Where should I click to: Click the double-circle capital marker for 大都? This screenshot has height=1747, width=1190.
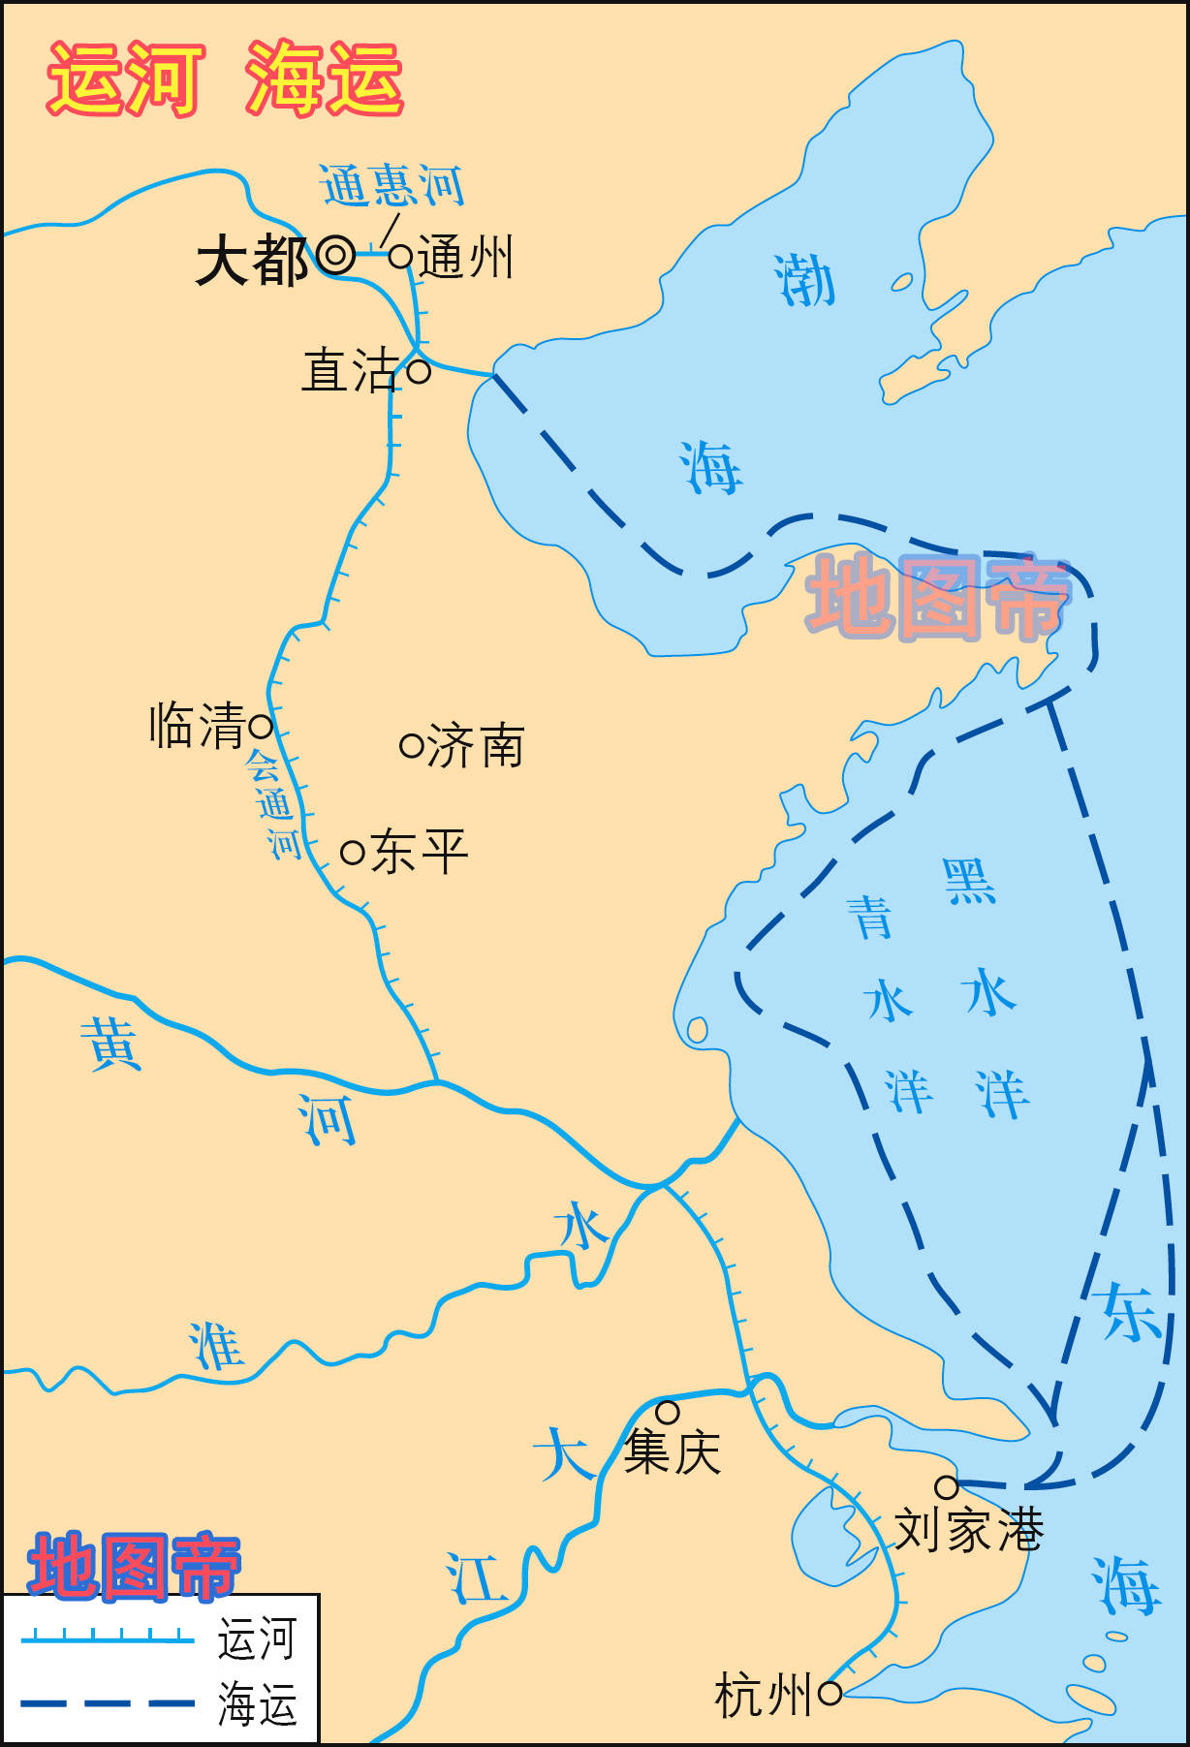point(336,256)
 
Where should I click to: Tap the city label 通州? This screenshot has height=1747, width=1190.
point(465,259)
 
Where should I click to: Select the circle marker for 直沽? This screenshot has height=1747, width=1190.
point(419,370)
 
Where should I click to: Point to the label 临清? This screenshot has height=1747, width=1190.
point(197,726)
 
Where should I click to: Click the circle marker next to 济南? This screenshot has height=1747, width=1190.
point(412,746)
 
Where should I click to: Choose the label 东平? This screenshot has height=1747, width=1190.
point(420,852)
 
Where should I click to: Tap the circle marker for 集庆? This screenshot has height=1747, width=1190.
point(668,1412)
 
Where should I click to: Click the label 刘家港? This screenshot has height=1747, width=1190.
point(968,1531)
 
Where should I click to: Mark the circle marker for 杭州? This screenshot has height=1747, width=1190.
point(830,1693)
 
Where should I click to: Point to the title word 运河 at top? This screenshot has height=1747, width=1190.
point(126,79)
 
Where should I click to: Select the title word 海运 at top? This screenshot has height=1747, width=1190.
point(324,79)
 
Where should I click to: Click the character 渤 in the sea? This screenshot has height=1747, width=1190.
point(804,281)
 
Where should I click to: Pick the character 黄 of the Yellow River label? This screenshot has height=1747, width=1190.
point(111,1044)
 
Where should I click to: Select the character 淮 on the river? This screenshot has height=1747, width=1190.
point(215,1346)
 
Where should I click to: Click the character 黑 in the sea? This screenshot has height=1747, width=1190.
point(969,881)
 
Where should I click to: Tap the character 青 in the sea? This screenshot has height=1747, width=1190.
point(870,917)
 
